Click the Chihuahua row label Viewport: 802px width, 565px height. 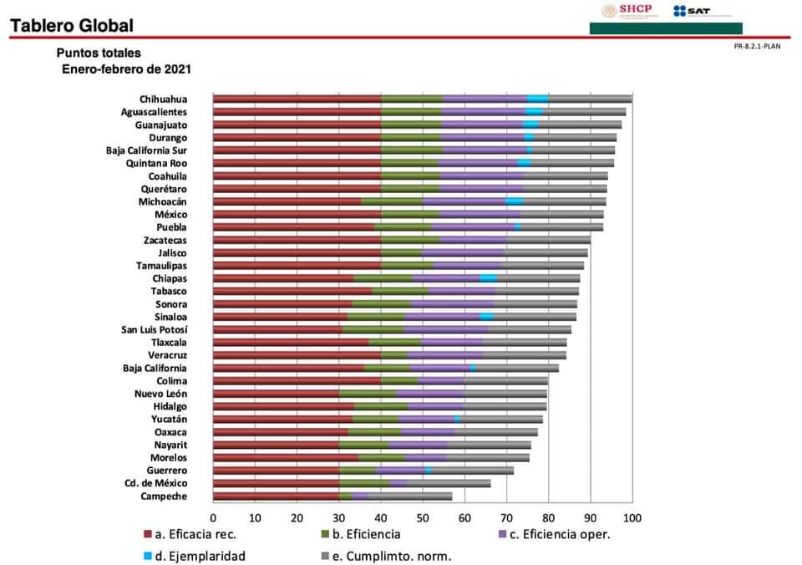tap(163, 99)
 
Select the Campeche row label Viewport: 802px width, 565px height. tap(164, 496)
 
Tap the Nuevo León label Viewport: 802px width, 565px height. tap(160, 394)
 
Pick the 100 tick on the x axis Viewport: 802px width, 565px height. tap(632, 518)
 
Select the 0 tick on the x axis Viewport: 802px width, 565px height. tap(213, 518)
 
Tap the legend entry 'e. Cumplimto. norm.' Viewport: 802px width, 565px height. tap(385, 555)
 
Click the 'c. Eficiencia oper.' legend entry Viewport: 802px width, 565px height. tap(558, 534)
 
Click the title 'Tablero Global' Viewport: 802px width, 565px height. tap(71, 27)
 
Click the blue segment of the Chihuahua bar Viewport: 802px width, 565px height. tap(537, 99)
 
